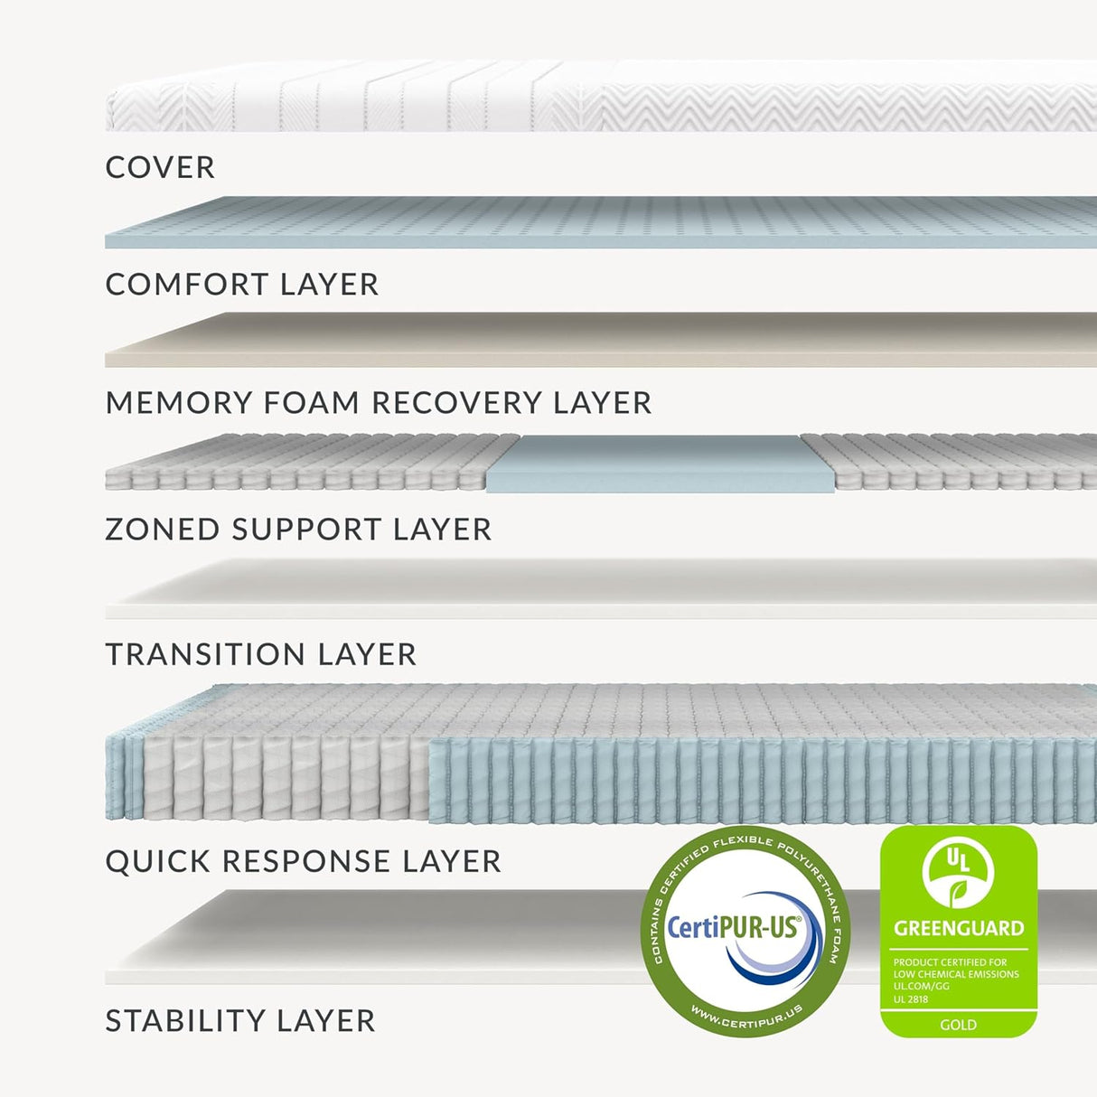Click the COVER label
click(x=160, y=167)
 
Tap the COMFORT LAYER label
click(x=241, y=285)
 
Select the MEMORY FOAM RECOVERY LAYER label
click(x=378, y=402)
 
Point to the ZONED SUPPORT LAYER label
click(x=298, y=529)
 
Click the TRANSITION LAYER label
click(x=260, y=654)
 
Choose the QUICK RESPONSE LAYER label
click(x=303, y=861)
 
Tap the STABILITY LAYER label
click(x=239, y=1021)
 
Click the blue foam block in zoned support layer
click(x=643, y=463)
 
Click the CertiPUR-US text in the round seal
click(x=733, y=927)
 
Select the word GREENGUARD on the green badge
click(x=959, y=928)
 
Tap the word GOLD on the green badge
click(x=958, y=1025)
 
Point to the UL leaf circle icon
click(x=958, y=873)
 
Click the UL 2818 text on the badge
click(x=911, y=999)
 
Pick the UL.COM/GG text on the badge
click(x=921, y=987)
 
